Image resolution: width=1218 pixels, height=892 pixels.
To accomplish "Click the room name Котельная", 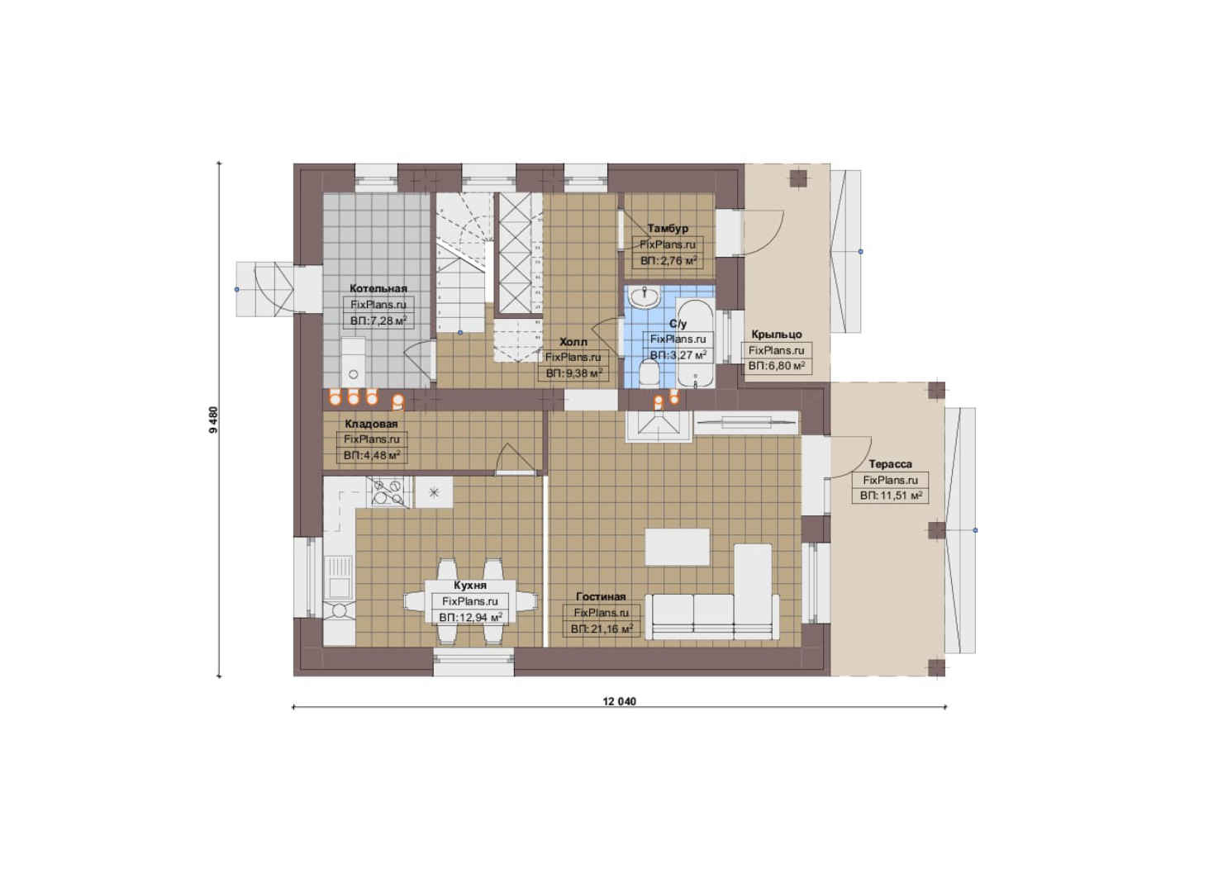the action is point(378,288).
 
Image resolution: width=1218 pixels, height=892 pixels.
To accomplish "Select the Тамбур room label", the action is point(668,228).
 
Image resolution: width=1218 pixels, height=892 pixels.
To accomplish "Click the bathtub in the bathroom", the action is point(694,343).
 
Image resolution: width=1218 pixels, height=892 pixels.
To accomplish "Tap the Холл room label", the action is point(573,342).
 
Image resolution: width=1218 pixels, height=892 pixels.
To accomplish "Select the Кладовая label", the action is point(371,424).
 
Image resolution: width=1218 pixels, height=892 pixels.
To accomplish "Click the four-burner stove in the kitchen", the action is point(388,492).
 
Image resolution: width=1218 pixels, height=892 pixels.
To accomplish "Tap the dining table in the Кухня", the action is point(471,603).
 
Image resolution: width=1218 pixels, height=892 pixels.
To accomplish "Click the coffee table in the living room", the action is point(677,547).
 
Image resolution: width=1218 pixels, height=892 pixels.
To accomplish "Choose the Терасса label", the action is point(890,464).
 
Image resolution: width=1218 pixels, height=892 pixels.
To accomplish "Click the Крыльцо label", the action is point(777,334).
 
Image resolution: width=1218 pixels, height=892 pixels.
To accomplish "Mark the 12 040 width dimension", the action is point(620,701).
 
